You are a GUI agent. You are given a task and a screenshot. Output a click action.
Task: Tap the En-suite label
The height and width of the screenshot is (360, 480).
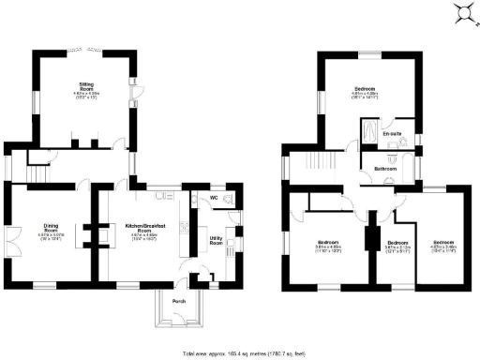[x=391, y=134]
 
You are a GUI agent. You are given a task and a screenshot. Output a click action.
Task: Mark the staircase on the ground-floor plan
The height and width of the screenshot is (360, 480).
[x=37, y=173]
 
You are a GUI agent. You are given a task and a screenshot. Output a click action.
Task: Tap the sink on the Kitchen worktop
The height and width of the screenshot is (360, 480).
[x=160, y=195]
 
